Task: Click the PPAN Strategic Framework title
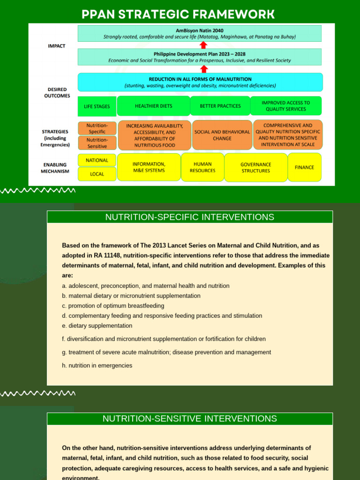(178, 14)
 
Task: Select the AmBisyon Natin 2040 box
(200, 33)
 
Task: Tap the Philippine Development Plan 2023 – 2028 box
(200, 57)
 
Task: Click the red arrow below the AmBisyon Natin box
(203, 45)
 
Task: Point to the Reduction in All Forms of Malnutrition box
(200, 82)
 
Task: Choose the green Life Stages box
(97, 106)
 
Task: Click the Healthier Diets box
(153, 106)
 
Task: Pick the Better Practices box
(220, 106)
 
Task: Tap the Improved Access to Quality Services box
(286, 106)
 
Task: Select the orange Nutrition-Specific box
(97, 128)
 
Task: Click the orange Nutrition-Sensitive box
(97, 143)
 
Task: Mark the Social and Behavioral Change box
(222, 135)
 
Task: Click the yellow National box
(97, 160)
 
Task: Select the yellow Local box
(97, 174)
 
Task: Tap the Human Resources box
(202, 167)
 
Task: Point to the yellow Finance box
(304, 167)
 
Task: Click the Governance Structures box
(255, 168)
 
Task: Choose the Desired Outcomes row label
(57, 92)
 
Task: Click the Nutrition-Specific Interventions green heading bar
(189, 217)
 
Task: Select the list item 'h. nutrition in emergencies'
(97, 366)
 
